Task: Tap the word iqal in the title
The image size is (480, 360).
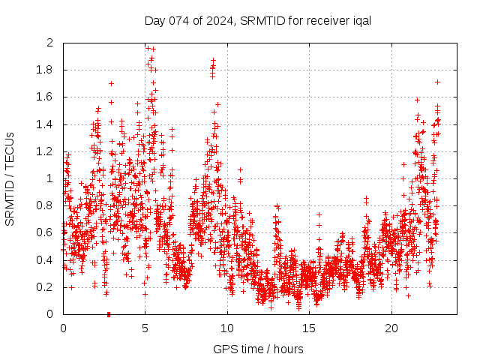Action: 360,20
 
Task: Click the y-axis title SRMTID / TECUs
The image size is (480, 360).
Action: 10,179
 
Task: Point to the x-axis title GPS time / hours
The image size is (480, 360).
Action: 258,349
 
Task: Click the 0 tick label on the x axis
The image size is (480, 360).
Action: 63,328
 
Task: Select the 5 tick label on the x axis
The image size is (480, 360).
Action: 145,328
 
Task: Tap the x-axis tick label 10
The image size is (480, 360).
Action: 226,328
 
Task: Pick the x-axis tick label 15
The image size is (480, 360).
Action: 309,328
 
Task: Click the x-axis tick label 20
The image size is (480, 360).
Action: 391,328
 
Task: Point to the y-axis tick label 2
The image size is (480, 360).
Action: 50,43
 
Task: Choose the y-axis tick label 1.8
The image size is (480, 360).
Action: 46,70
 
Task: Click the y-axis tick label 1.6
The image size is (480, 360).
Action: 46,97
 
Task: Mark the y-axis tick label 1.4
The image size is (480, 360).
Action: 46,124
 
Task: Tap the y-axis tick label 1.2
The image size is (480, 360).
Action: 46,151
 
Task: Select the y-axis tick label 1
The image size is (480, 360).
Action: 50,178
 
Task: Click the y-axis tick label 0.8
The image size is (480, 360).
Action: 46,205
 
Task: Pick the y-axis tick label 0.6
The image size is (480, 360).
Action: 46,232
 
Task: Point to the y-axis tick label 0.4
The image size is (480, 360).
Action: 46,259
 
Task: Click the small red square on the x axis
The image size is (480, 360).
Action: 109,314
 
